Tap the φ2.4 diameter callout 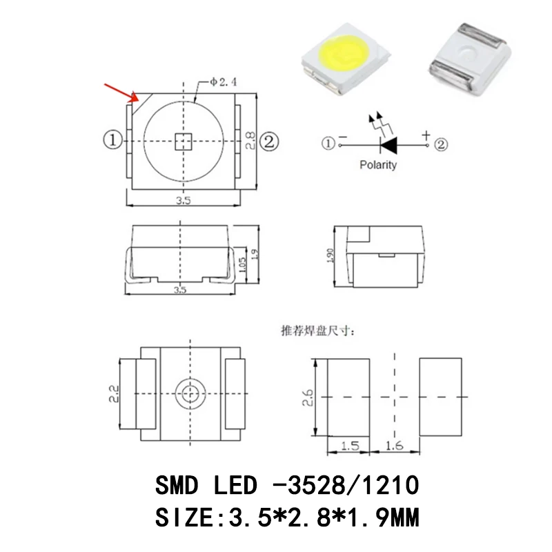click(x=223, y=82)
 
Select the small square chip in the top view click(x=184, y=141)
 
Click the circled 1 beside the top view click(x=112, y=140)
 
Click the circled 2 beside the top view click(x=269, y=141)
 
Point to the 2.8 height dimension click(x=250, y=141)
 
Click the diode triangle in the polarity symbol click(x=389, y=145)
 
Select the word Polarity click(x=378, y=165)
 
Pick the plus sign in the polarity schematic click(x=426, y=135)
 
